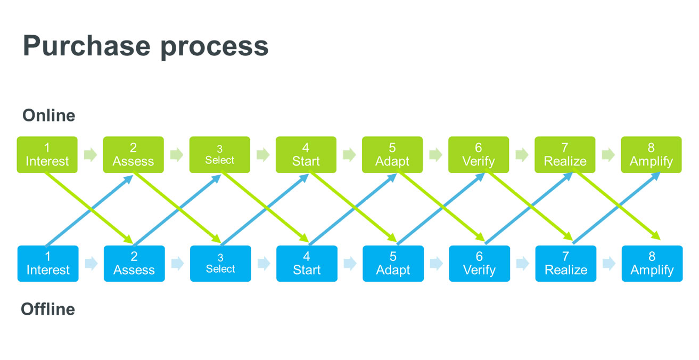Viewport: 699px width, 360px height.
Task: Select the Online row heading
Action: tap(48, 115)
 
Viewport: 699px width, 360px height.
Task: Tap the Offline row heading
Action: tap(48, 309)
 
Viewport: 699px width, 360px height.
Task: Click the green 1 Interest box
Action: tap(47, 154)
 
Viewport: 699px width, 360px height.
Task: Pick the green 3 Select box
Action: tap(220, 154)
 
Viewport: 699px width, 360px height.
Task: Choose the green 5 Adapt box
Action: tap(392, 154)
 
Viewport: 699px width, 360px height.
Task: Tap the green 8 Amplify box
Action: tap(651, 154)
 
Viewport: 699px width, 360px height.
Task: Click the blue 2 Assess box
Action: tap(134, 264)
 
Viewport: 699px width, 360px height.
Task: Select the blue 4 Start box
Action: tap(307, 264)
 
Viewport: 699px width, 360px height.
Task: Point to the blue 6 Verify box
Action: tap(479, 264)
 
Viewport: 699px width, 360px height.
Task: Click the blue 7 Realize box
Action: tap(566, 264)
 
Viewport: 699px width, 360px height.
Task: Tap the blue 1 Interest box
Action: tap(48, 264)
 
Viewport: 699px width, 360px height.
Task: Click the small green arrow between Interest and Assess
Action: tap(91, 154)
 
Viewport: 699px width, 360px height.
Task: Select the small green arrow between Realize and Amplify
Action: tap(608, 154)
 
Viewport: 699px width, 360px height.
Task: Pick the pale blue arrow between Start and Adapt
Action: tap(350, 264)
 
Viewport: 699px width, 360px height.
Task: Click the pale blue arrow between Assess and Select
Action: tap(178, 264)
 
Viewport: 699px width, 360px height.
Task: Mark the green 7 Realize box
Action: tap(565, 154)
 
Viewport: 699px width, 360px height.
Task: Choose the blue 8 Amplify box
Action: tap(652, 264)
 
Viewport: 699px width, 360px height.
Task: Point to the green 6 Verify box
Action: tap(479, 154)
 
